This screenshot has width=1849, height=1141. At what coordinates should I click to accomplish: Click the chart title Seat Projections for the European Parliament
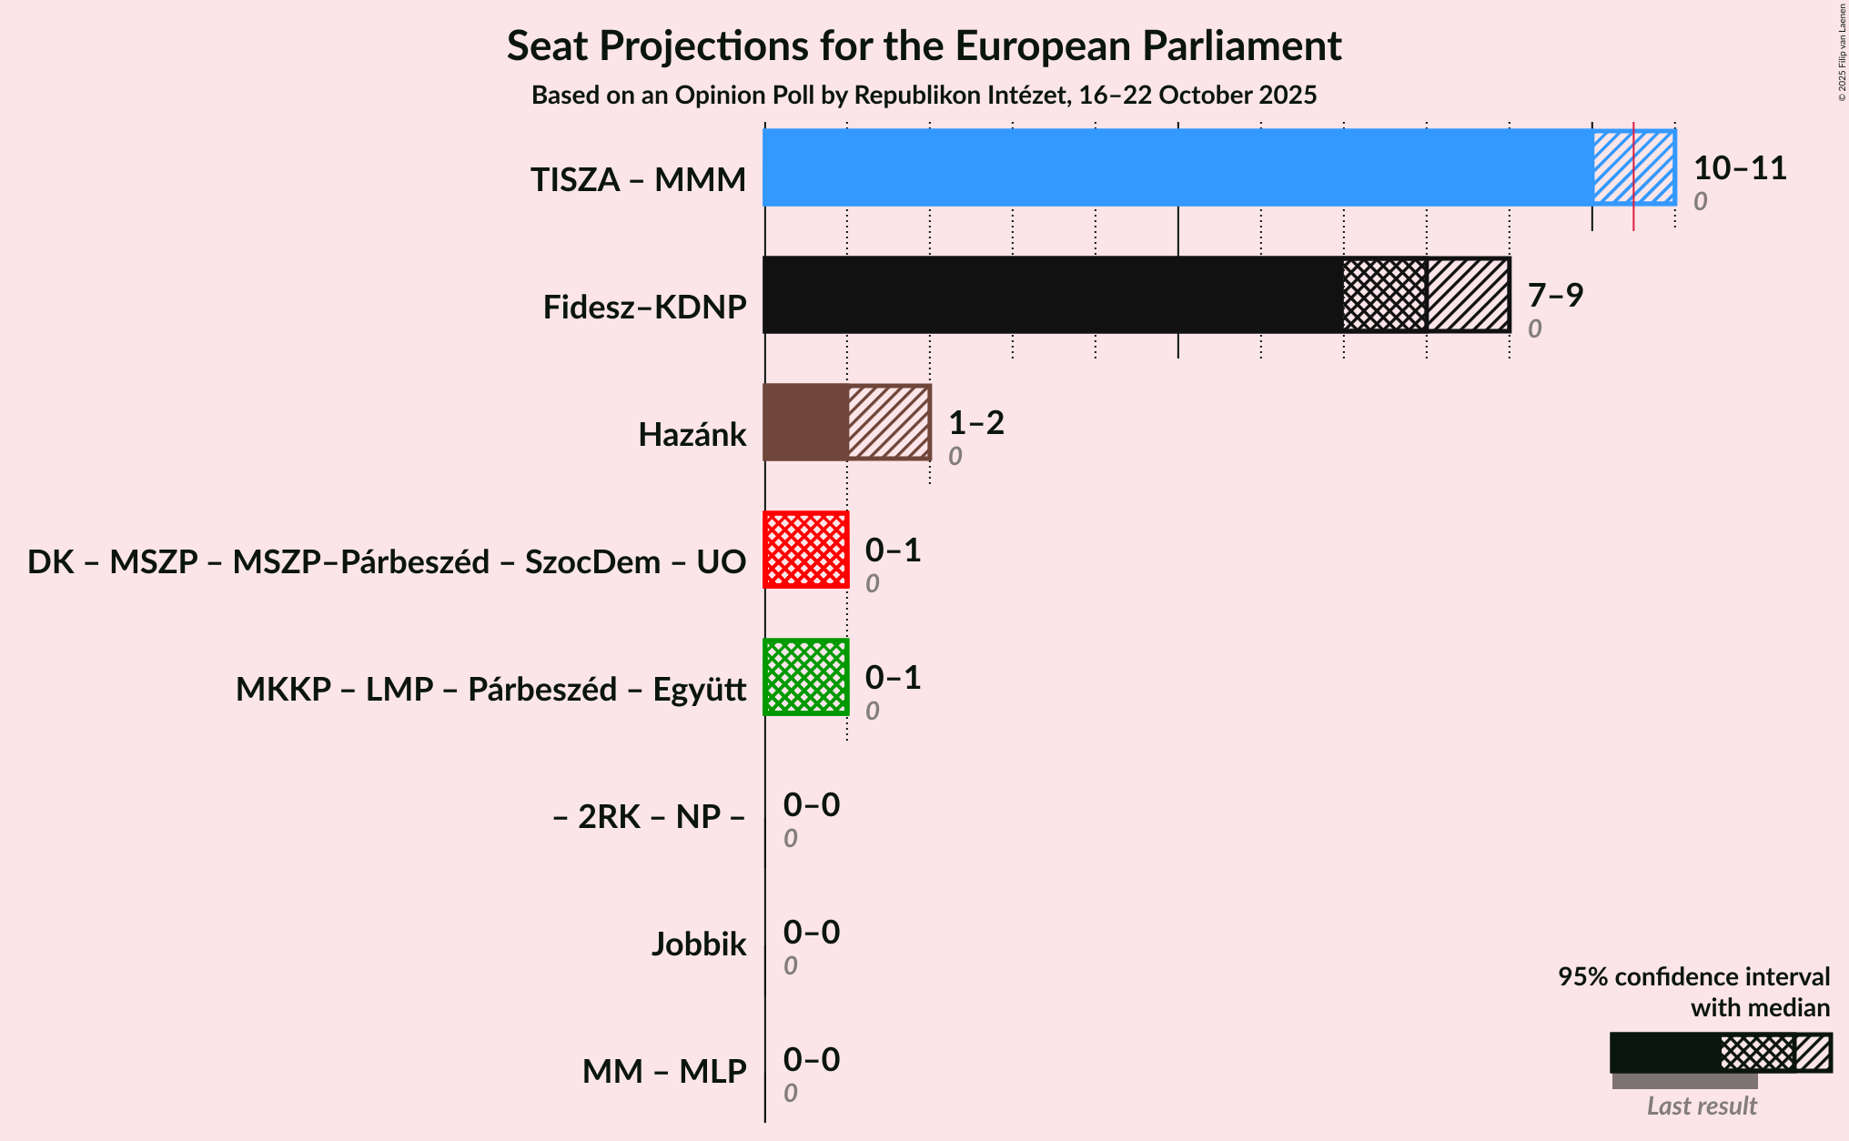924,45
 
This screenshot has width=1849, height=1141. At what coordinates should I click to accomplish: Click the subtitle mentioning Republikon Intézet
924,96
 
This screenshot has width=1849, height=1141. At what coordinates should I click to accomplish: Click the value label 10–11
1739,168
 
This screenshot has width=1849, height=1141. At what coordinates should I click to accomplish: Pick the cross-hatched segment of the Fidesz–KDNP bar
1384,295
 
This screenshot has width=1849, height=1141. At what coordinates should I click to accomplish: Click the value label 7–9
1555,295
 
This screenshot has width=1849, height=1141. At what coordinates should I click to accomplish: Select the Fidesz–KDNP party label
644,308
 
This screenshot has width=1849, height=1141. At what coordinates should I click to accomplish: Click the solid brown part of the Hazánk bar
805,422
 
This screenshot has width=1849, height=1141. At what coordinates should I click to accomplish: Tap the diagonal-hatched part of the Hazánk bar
888,422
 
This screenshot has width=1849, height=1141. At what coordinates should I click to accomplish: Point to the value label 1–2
975,423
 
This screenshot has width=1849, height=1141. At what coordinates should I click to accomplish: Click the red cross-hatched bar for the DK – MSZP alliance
806,550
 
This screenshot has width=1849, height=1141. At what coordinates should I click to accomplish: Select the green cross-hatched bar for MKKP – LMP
806,677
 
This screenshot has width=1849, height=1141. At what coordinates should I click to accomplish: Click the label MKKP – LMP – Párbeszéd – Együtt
490,690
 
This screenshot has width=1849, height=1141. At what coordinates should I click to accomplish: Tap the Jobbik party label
698,944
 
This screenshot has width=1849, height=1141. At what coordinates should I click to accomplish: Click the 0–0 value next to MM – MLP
811,1060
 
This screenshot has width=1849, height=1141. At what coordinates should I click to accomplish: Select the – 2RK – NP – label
649,817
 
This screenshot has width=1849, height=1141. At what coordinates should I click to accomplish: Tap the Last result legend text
1701,1106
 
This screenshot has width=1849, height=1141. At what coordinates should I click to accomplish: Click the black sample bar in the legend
1664,1053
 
